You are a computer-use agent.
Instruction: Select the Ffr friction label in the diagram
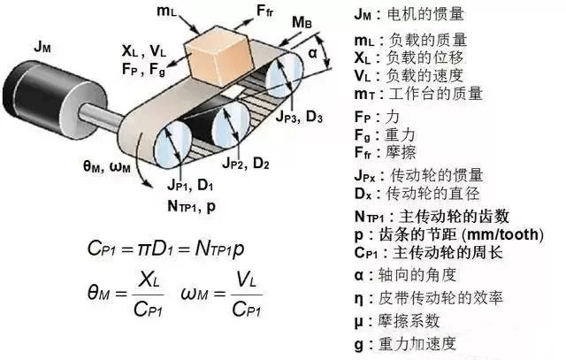tap(269, 11)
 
